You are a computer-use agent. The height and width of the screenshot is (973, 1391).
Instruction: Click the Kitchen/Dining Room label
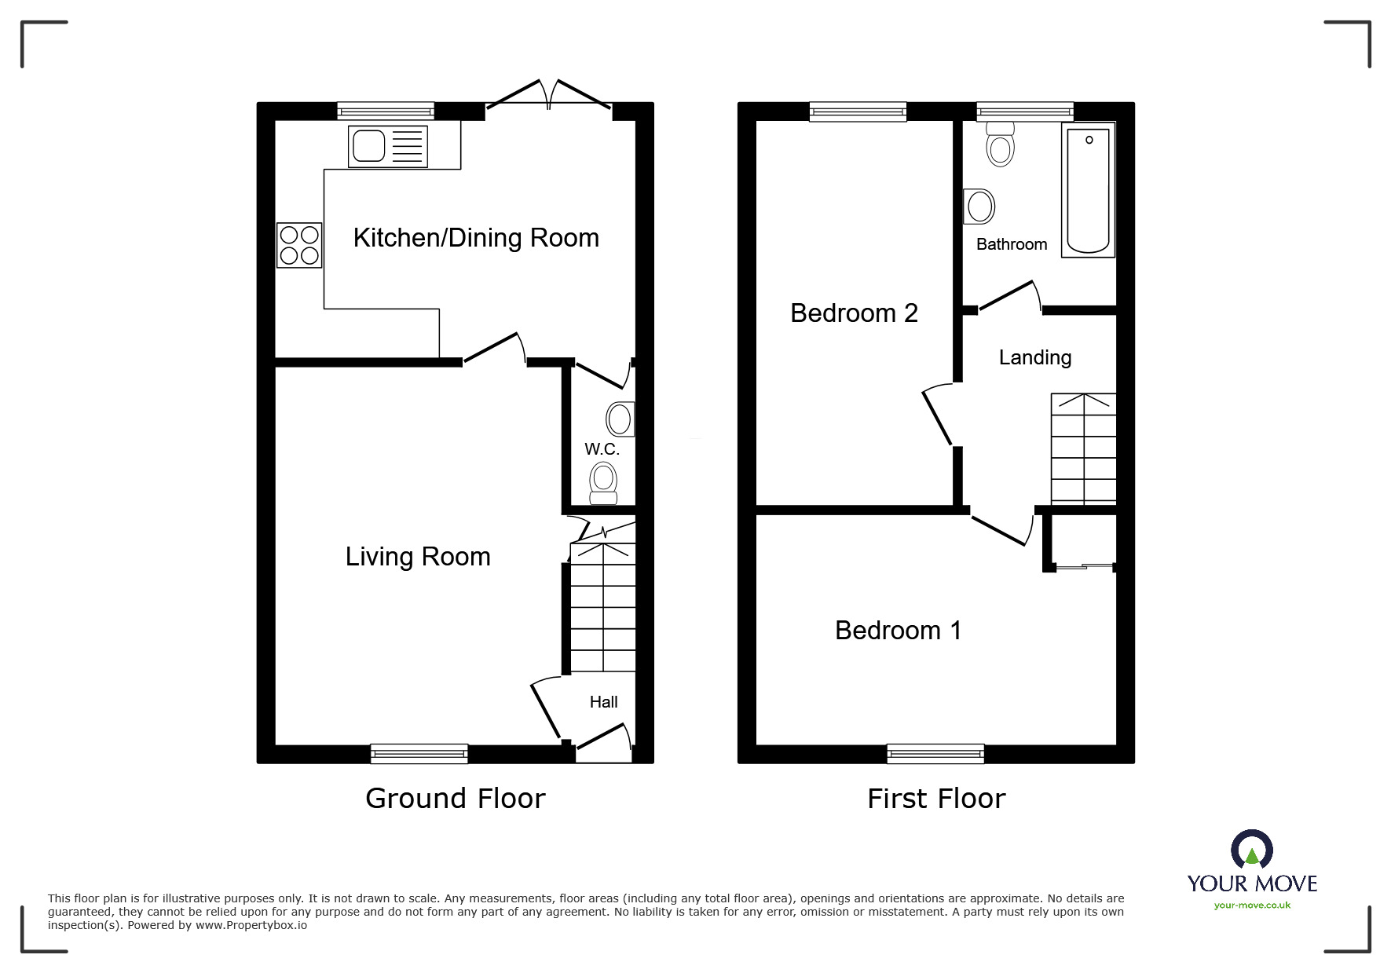tap(476, 238)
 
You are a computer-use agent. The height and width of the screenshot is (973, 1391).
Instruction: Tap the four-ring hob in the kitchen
tap(299, 245)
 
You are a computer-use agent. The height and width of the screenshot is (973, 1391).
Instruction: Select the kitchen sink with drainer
tap(389, 146)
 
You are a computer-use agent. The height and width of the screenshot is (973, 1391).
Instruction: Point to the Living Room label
tap(418, 557)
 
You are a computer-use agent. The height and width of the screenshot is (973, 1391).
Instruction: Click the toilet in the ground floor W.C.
tap(603, 482)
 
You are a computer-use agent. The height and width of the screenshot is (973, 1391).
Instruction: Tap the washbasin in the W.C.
tap(620, 419)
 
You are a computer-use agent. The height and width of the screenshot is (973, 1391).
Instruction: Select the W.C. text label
tap(602, 449)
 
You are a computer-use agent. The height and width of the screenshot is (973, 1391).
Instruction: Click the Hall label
tap(603, 702)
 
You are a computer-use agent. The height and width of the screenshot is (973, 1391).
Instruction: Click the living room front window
tap(419, 754)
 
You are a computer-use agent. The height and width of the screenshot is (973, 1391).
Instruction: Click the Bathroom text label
tap(1012, 244)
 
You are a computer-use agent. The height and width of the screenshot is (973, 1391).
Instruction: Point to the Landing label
tap(1035, 358)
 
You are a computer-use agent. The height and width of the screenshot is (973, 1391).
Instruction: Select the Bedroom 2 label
tap(854, 313)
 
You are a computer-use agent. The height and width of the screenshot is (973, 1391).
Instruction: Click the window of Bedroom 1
tap(935, 754)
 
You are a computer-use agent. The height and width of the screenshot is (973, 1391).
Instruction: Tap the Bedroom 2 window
tap(858, 112)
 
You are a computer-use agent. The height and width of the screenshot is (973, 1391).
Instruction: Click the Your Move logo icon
tap(1252, 850)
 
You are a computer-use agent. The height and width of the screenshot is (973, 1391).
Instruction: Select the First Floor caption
tap(936, 799)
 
